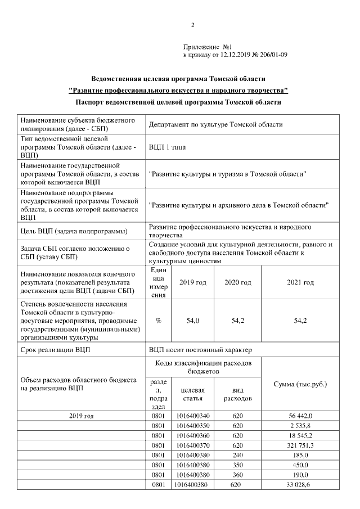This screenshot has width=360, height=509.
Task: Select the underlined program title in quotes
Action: coord(178,90)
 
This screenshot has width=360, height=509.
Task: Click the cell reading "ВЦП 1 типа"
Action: coord(167,147)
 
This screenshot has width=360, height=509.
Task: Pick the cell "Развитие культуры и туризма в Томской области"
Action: coord(227,174)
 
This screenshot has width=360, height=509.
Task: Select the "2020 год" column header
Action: coord(237,282)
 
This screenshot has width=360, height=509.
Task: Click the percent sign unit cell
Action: coord(159,321)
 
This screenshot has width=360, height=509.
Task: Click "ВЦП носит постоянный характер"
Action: coord(201,350)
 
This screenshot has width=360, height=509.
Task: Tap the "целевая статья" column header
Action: coord(193,394)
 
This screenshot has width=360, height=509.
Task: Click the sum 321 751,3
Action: coord(300,445)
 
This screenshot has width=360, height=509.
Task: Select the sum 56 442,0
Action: coord(300,416)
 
